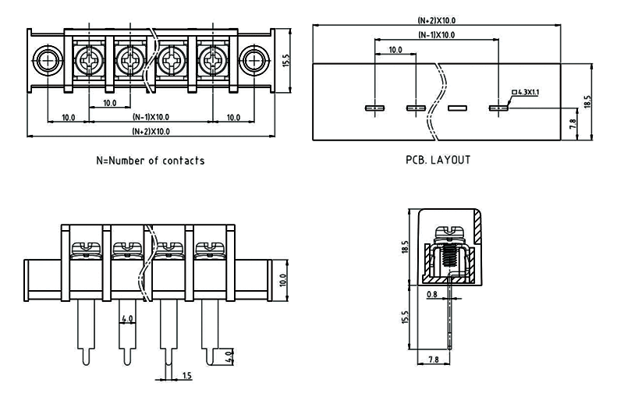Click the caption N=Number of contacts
[x=150, y=161]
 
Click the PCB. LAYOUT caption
[x=438, y=160]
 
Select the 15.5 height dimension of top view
[x=286, y=61]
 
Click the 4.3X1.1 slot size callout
[x=526, y=93]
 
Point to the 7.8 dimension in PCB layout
[x=573, y=122]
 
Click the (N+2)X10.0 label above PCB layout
[x=437, y=20]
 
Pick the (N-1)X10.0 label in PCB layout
[x=437, y=35]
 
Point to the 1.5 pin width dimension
[x=187, y=376]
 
